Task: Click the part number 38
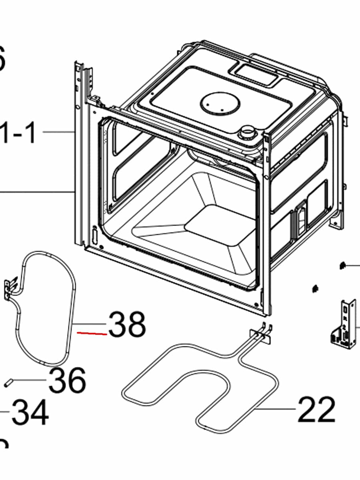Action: [x=127, y=324]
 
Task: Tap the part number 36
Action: [x=67, y=380]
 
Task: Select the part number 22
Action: [x=316, y=410]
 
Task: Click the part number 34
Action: [x=30, y=413]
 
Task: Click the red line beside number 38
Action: [x=92, y=333]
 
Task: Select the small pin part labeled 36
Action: [x=8, y=383]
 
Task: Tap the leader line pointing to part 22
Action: [x=276, y=409]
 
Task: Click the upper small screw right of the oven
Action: [x=342, y=265]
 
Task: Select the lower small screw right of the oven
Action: [x=315, y=288]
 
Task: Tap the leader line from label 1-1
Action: [x=58, y=132]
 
